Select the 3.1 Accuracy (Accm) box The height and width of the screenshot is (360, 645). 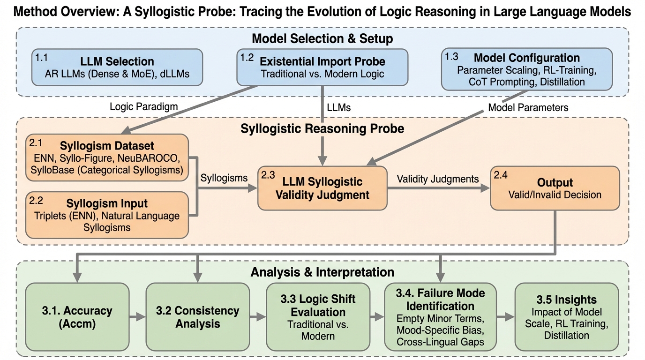pyautogui.click(x=77, y=317)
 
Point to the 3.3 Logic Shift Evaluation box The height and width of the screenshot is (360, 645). pyautogui.click(x=317, y=317)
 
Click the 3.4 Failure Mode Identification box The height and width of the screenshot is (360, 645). pyautogui.click(x=440, y=317)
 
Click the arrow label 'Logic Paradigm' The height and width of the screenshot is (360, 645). pyautogui.click(x=143, y=106)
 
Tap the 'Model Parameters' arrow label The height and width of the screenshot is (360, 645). pyautogui.click(x=528, y=107)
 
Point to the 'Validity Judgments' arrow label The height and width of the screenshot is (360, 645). pyautogui.click(x=438, y=179)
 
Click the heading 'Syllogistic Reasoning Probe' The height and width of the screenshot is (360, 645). pyautogui.click(x=322, y=128)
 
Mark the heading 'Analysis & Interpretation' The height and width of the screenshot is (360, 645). pyautogui.click(x=322, y=272)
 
